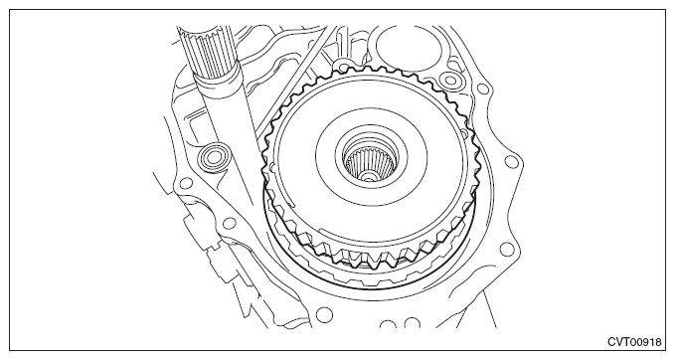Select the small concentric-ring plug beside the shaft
211,157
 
